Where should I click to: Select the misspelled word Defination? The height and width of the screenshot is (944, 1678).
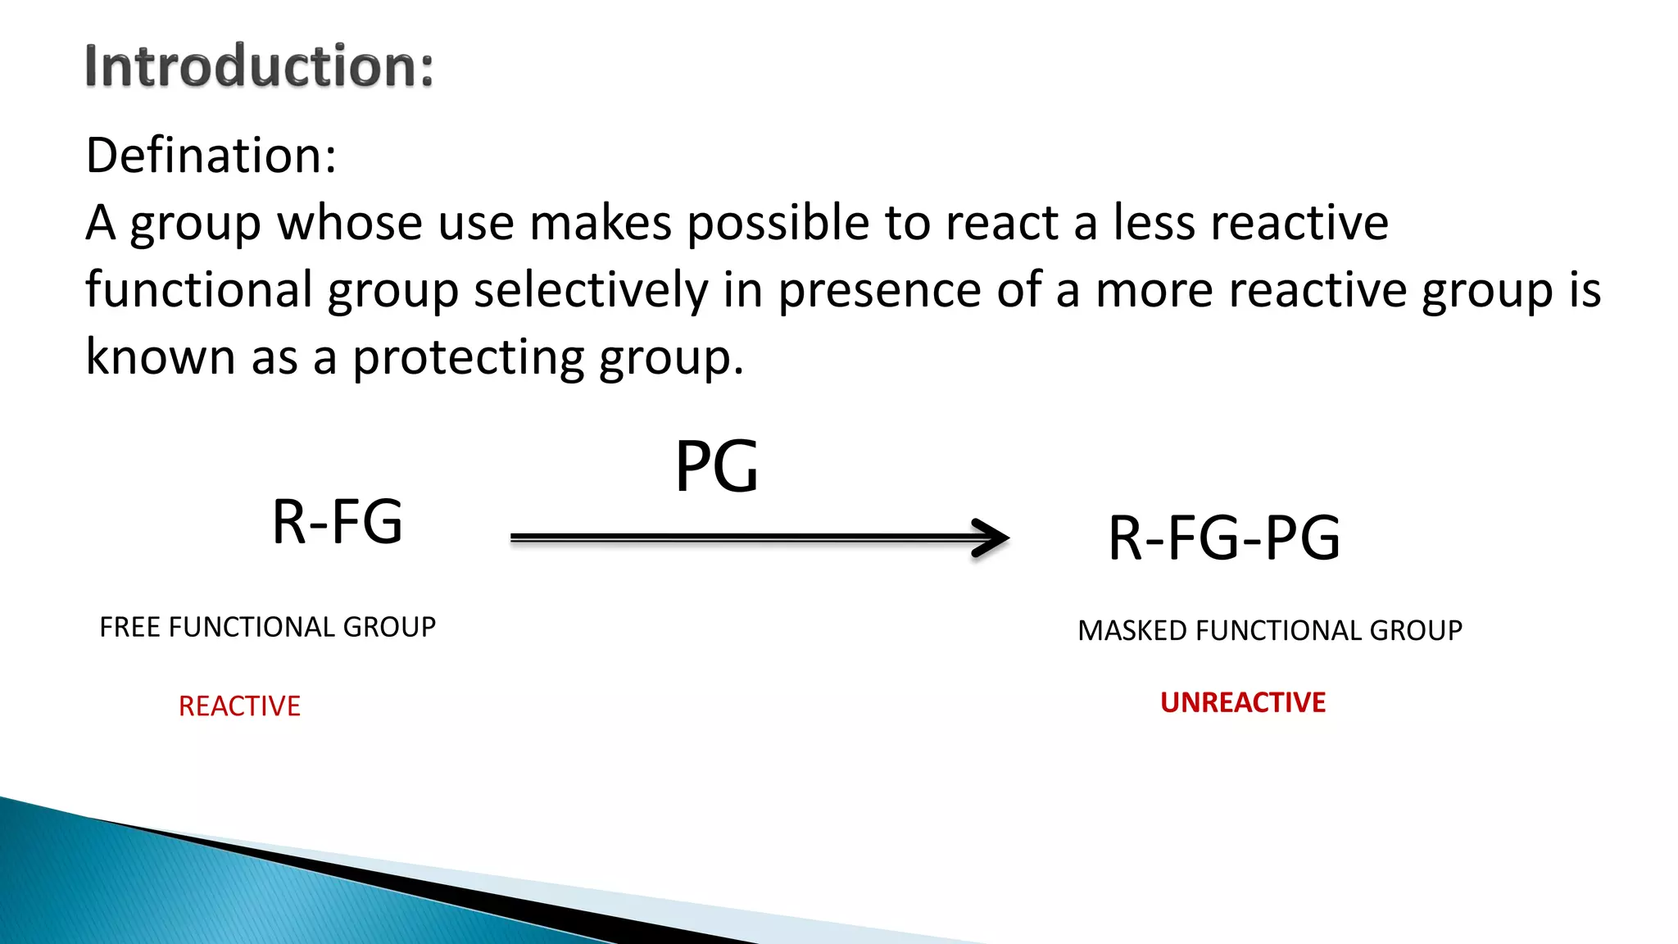pyautogui.click(x=211, y=155)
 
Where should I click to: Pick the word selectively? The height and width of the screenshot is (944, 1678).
pyautogui.click(x=591, y=290)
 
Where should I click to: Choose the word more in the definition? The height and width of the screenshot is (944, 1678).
pyautogui.click(x=1154, y=290)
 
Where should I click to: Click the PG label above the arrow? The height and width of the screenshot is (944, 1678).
pyautogui.click(x=716, y=467)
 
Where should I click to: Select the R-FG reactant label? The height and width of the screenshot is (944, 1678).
pyautogui.click(x=337, y=522)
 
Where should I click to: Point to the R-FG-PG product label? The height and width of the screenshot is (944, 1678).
pyautogui.click(x=1224, y=538)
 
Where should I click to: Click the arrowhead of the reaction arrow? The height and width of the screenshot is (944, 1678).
pyautogui.click(x=992, y=538)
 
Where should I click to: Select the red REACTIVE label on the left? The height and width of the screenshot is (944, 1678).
pyautogui.click(x=239, y=706)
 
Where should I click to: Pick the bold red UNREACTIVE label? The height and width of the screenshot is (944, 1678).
pyautogui.click(x=1243, y=703)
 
